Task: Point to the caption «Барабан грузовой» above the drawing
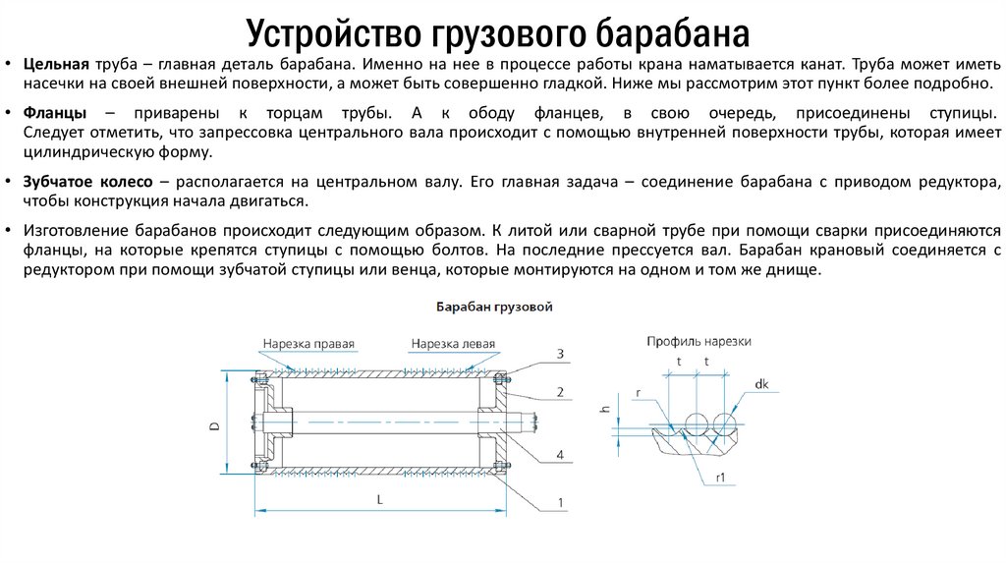click(493, 308)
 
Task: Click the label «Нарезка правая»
click(307, 344)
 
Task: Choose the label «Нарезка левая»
click(453, 344)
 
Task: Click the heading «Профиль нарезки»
click(699, 341)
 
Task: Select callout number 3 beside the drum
click(559, 354)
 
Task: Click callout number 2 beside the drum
click(559, 393)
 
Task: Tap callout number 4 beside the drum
click(559, 455)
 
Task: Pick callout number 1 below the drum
click(559, 503)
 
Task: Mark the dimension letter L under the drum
click(380, 499)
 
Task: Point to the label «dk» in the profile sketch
click(762, 384)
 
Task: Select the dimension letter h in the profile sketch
click(605, 410)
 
